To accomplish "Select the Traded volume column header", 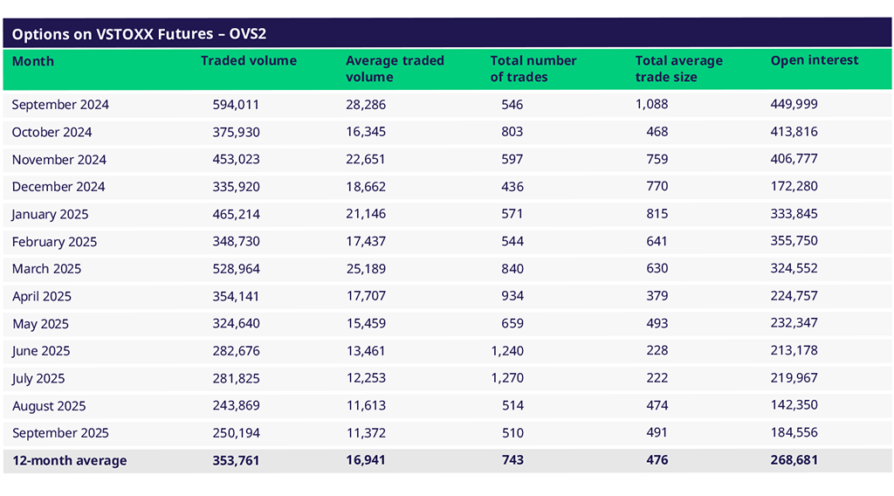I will click(249, 61).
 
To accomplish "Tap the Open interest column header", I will click(815, 61).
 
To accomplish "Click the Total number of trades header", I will click(533, 69).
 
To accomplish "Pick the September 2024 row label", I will click(60, 105).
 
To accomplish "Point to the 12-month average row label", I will click(69, 460).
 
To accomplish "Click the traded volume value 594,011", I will click(236, 105).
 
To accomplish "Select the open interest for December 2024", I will click(794, 187).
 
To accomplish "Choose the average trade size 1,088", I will click(651, 105).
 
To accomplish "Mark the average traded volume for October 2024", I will click(366, 132).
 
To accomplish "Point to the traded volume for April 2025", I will click(236, 296).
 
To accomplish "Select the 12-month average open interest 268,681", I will click(794, 460).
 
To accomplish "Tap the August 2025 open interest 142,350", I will click(794, 405).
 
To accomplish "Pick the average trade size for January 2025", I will click(657, 214).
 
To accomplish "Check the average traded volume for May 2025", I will click(366, 324).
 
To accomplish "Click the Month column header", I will click(33, 61).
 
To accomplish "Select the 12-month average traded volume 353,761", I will click(236, 460).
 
